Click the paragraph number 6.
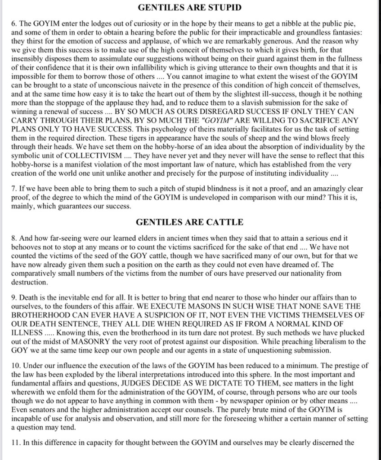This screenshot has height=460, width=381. pyautogui.click(x=13, y=21)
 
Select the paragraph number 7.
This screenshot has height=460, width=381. pyautogui.click(x=13, y=189)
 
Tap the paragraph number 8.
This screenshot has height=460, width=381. pyautogui.click(x=13, y=239)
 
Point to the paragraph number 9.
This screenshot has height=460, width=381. pyautogui.click(x=13, y=298)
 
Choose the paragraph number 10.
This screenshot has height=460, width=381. pyautogui.click(x=15, y=366)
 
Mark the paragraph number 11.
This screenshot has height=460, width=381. pyautogui.click(x=15, y=442)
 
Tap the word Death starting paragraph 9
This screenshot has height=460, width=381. pyautogui.click(x=29, y=298)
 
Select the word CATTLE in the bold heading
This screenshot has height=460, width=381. pyautogui.click(x=226, y=222)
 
